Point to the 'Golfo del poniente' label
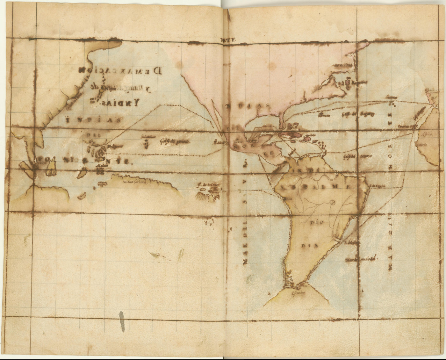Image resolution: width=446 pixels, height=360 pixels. tap(175, 141)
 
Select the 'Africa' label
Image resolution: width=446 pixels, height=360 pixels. tap(427, 134)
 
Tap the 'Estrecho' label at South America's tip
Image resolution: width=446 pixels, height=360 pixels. tap(298, 292)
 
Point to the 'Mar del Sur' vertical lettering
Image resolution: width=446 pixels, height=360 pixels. tap(245, 220)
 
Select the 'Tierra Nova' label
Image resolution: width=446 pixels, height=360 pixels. tap(343, 66)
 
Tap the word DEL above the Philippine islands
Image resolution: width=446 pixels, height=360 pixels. tap(94, 135)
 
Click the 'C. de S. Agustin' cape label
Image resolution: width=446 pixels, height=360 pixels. tap(378, 185)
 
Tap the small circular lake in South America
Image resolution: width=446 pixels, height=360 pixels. tap(333, 202)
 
